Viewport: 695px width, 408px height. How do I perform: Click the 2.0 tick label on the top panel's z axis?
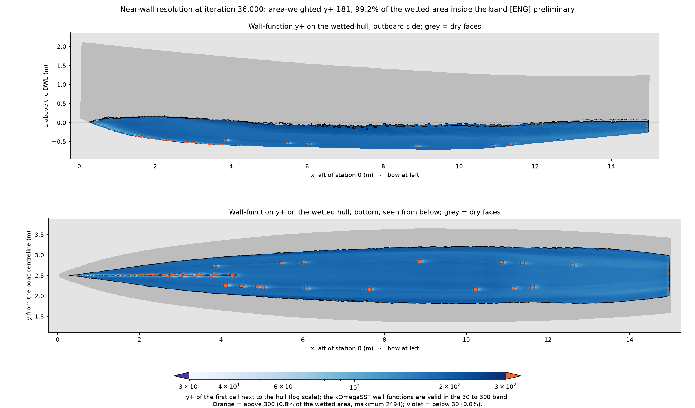61,47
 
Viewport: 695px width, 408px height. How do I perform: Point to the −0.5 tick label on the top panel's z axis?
59,142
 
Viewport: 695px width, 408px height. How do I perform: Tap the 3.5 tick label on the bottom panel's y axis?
39,235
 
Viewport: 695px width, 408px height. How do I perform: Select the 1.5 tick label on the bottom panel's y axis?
39,317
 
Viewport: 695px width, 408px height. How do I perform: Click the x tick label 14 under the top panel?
611,166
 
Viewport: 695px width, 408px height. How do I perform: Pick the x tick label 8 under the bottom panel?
384,340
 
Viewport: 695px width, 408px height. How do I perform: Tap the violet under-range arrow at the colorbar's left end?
182,376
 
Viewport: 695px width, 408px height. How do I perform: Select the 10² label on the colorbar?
354,387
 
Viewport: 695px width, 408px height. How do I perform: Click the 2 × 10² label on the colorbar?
449,386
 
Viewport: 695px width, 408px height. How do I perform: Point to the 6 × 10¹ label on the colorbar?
284,386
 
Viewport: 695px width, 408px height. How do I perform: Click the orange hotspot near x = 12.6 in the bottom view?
572,265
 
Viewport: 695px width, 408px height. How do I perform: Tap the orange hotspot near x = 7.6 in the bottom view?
369,289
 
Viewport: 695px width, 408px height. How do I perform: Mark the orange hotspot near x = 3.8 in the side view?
225,139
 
